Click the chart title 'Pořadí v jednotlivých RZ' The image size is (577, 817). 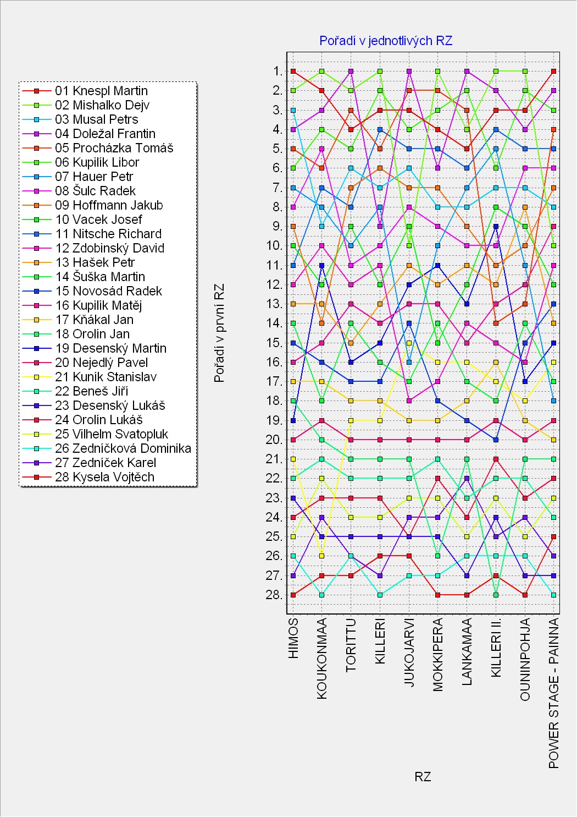[x=386, y=41]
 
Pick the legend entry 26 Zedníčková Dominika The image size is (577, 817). [x=123, y=448]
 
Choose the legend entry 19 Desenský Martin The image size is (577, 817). [x=110, y=348]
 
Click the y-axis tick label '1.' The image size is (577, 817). [x=278, y=71]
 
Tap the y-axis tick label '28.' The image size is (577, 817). [x=275, y=595]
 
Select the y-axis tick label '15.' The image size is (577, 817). [x=275, y=343]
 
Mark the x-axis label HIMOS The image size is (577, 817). [x=293, y=638]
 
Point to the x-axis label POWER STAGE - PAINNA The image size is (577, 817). [x=554, y=693]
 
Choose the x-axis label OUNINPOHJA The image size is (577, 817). [x=525, y=659]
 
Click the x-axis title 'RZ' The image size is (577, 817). [x=423, y=777]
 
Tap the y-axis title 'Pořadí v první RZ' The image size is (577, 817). [x=220, y=333]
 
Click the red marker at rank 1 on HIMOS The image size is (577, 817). [x=293, y=71]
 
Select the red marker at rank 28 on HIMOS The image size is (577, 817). [x=293, y=595]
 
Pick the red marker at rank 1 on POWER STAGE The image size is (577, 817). [x=554, y=71]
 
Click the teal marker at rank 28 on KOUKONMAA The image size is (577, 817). [x=322, y=595]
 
